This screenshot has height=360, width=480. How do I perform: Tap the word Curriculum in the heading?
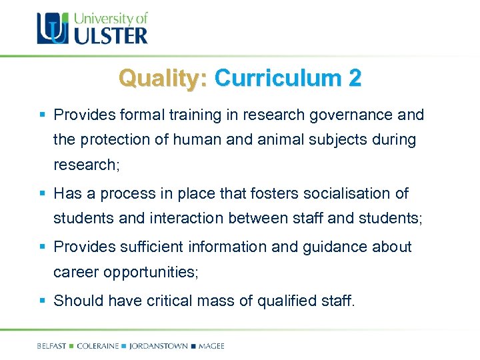point(280,78)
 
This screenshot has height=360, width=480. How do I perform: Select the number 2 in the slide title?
point(355,78)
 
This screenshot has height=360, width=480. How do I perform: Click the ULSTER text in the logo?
point(111,34)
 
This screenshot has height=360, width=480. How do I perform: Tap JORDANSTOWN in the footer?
point(158,346)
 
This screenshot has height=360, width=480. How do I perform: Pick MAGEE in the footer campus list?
point(211,346)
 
